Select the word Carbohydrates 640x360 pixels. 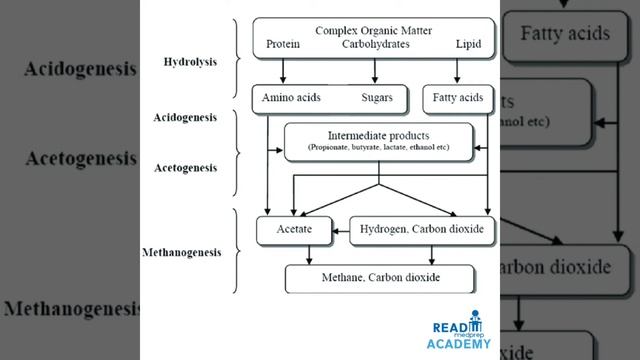tap(375, 45)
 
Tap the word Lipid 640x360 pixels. tap(467, 45)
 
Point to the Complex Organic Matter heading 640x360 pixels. tap(374, 30)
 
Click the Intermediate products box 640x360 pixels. tap(379, 141)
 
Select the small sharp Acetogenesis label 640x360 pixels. tap(185, 167)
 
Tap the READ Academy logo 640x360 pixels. tap(462, 336)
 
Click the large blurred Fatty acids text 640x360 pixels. tap(565, 33)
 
